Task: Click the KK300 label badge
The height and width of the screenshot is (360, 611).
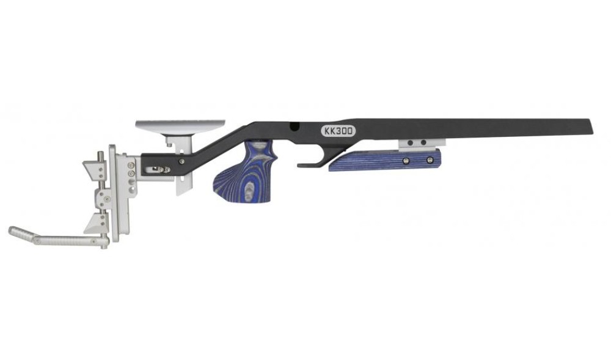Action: pos(338,131)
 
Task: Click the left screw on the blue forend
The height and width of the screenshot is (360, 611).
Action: pos(406,161)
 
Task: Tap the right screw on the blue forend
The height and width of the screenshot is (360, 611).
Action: pos(430,160)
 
